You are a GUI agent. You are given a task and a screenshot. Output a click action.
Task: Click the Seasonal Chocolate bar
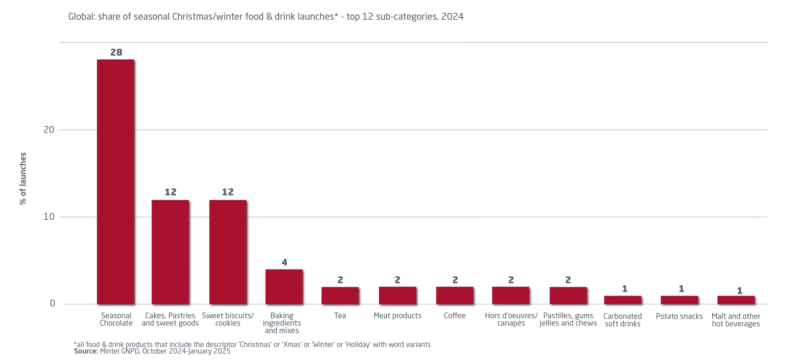point(116,182)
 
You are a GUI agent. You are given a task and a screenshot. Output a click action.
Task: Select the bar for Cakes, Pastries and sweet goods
point(170,252)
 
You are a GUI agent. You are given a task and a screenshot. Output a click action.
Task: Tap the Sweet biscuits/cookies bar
point(228,252)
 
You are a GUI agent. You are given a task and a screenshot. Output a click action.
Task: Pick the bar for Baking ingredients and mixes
point(284,287)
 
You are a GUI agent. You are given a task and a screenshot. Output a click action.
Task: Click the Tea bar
point(340,295)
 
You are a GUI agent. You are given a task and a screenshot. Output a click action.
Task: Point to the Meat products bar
point(397,295)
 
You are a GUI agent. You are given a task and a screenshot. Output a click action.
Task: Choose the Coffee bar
point(455,295)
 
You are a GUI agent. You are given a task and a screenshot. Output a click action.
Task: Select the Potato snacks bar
point(679,300)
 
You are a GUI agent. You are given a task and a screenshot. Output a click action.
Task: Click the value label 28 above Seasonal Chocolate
point(116,52)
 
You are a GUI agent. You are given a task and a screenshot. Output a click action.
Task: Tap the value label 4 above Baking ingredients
point(284,262)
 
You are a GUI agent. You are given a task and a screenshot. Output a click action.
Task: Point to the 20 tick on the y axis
point(49,130)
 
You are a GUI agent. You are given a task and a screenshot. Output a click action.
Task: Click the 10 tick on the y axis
point(49,217)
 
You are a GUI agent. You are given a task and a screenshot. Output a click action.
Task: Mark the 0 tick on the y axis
point(52,303)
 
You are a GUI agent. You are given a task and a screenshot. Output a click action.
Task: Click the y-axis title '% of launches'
point(23,178)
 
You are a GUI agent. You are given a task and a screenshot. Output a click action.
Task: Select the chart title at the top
point(266,16)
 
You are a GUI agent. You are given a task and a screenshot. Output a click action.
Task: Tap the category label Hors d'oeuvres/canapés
point(511,319)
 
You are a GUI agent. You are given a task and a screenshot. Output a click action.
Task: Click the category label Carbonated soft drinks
point(622,320)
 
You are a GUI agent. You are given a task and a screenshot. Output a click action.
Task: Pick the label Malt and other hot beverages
point(736,320)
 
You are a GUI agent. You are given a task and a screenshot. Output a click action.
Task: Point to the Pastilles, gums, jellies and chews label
point(568,320)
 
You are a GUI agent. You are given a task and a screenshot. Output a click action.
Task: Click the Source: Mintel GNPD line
point(152,351)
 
